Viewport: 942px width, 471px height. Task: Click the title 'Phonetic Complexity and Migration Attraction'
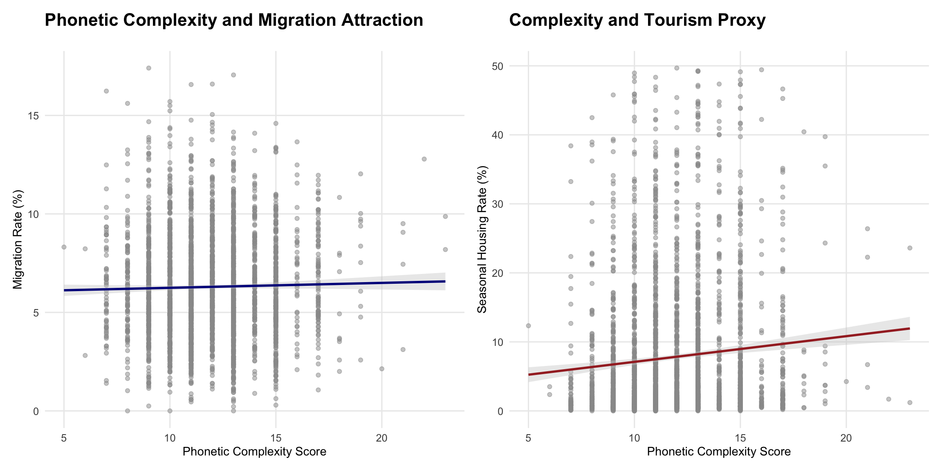click(x=234, y=20)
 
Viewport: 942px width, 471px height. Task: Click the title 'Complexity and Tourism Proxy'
click(x=637, y=20)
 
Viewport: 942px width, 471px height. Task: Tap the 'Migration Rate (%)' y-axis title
click(x=18, y=239)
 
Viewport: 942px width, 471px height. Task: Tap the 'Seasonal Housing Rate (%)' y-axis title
click(x=482, y=239)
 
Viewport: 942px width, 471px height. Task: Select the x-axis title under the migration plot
click(x=254, y=452)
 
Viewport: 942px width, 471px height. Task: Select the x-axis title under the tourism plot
click(x=719, y=452)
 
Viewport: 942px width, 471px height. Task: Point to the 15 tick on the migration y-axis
click(x=34, y=116)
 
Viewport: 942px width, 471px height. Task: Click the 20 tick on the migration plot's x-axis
click(x=381, y=438)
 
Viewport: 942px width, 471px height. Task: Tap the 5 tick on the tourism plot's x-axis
click(x=528, y=438)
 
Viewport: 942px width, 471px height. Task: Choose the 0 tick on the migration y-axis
click(x=36, y=411)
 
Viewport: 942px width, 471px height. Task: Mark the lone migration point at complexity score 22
click(x=424, y=159)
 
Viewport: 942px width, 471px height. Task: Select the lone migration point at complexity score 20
click(x=382, y=369)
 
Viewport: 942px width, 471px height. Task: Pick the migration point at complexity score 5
click(x=64, y=247)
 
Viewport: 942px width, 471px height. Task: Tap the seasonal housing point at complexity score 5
click(x=528, y=326)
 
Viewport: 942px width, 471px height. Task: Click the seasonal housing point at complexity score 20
click(x=846, y=381)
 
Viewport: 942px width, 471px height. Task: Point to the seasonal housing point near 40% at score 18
click(x=804, y=132)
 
